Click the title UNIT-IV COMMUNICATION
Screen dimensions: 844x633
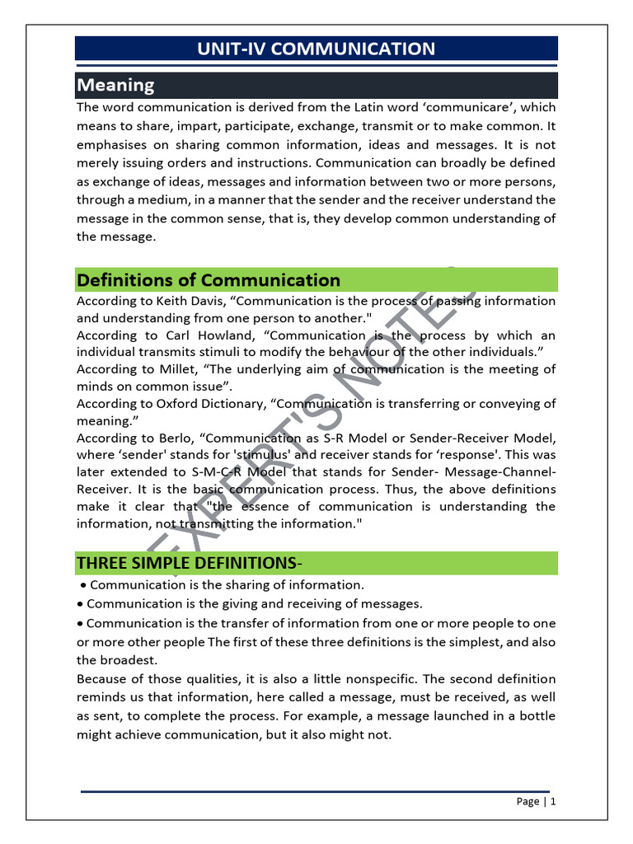316,49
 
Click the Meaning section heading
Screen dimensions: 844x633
115,85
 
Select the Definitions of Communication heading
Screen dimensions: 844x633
208,280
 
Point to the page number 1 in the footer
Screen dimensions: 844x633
553,801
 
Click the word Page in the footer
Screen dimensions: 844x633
528,801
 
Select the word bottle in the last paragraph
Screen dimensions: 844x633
538,715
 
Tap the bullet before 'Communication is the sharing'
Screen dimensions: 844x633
84,585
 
